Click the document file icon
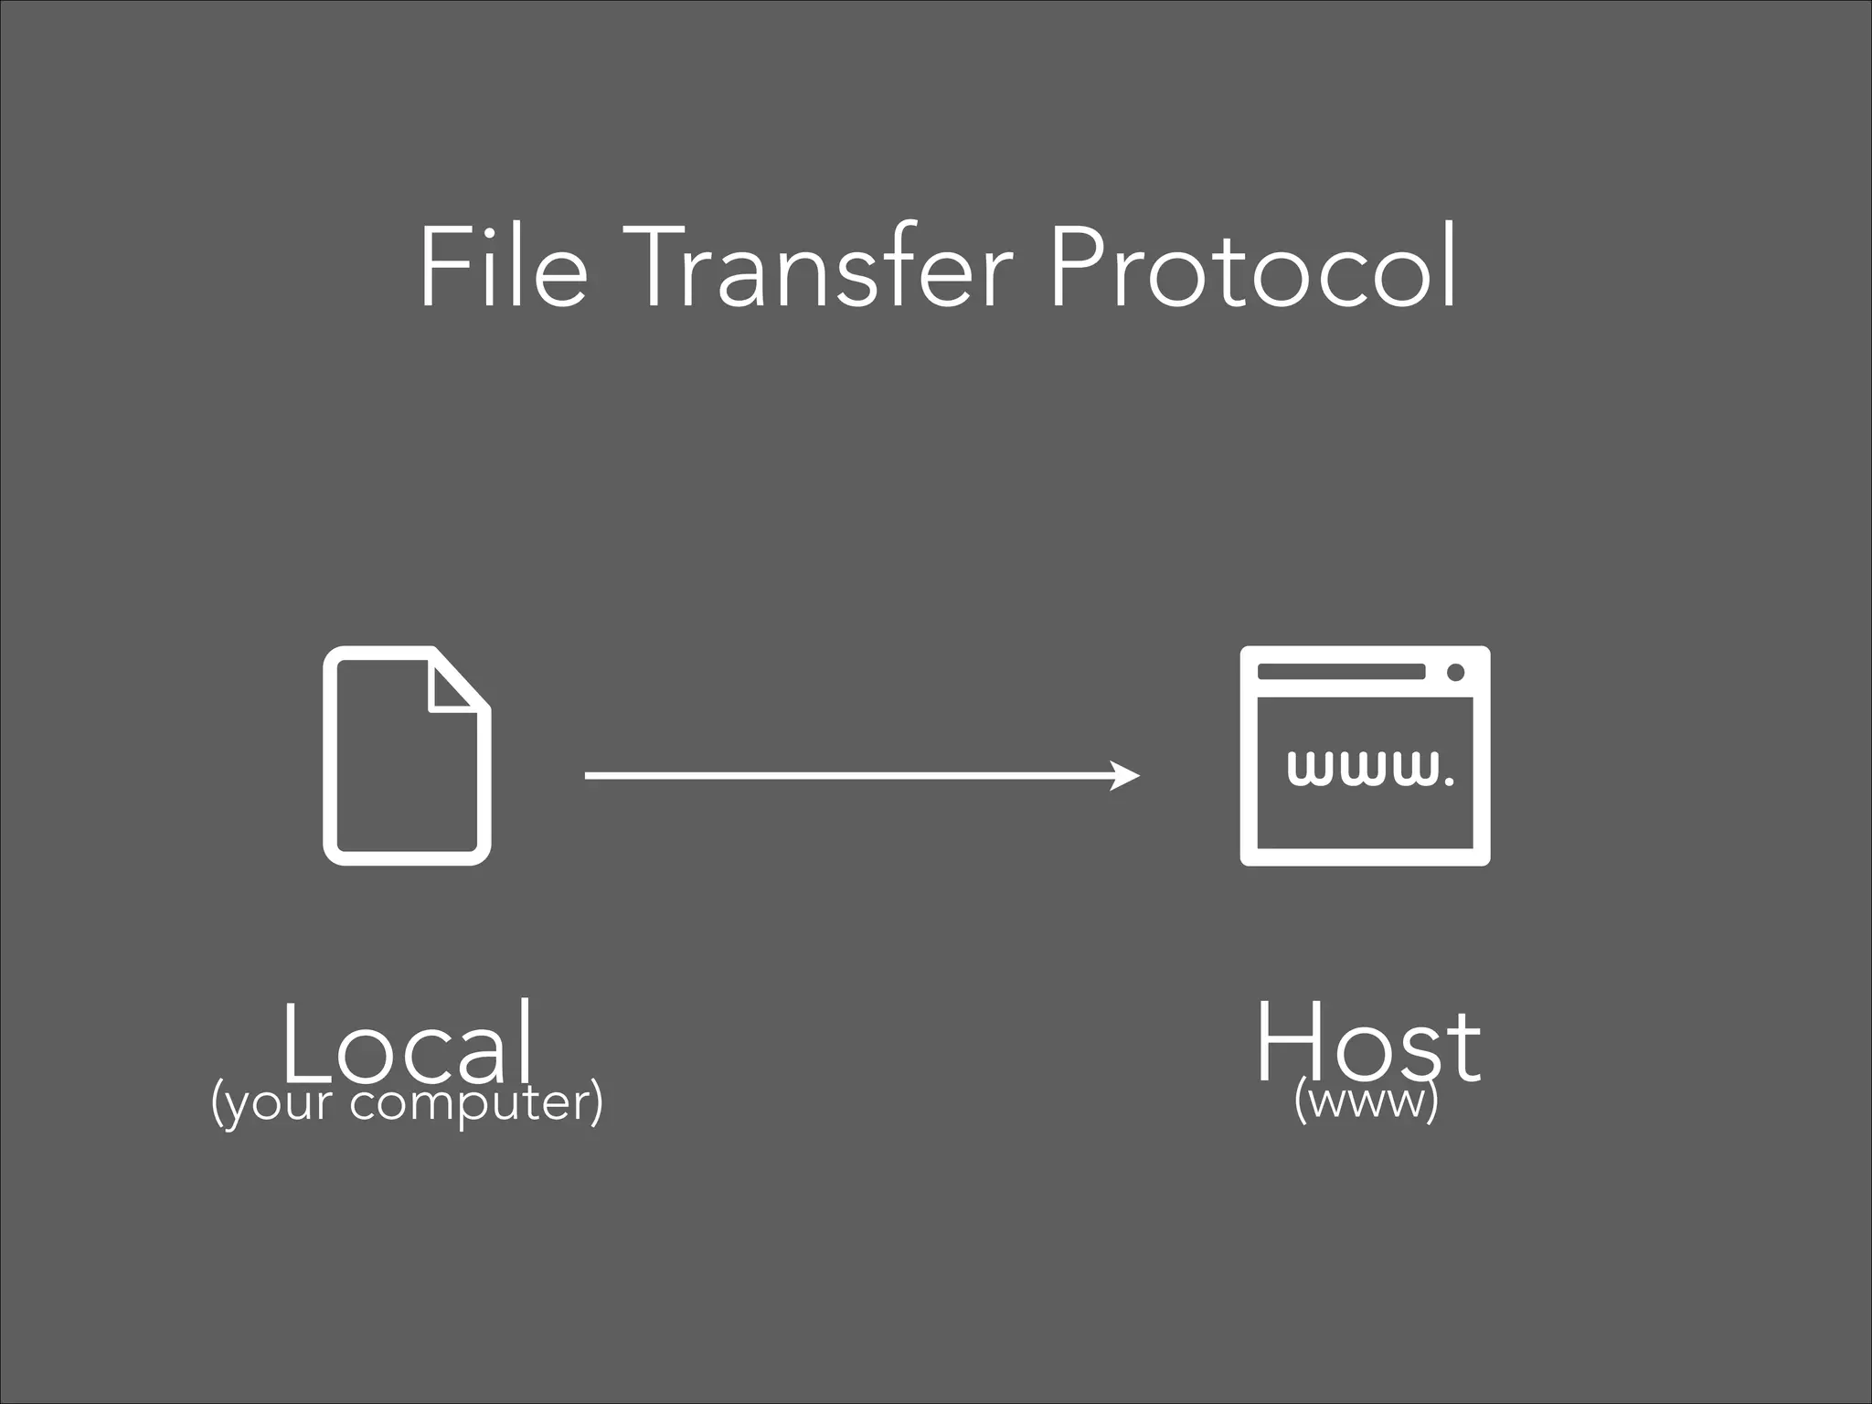[x=407, y=755]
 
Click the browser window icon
[x=1365, y=755]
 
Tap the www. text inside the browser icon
[x=1369, y=769]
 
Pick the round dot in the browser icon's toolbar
[x=1456, y=673]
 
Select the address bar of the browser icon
[x=1341, y=672]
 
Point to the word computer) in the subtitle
[x=476, y=1103]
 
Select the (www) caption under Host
[x=1367, y=1101]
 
